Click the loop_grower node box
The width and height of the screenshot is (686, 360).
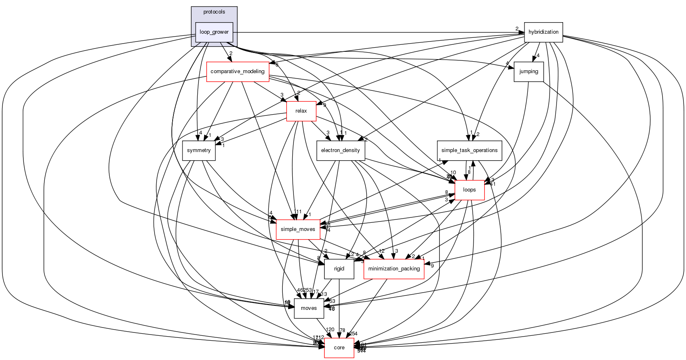click(214, 32)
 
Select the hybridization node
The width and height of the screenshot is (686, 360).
click(543, 32)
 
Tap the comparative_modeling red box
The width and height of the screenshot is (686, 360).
click(238, 72)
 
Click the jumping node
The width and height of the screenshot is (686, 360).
click(529, 72)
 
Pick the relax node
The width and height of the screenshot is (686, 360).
click(301, 111)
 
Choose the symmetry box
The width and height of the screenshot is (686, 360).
click(199, 150)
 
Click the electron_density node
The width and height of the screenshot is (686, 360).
click(340, 150)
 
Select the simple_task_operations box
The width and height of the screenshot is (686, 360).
click(469, 150)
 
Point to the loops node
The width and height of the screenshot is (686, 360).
click(469, 190)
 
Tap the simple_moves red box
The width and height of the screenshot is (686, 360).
click(298, 229)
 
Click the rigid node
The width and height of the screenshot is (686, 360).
click(339, 269)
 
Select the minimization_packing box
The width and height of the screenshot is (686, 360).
click(394, 269)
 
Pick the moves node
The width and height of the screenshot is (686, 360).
click(309, 308)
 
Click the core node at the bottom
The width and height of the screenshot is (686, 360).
click(339, 348)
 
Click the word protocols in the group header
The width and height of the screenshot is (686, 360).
click(214, 12)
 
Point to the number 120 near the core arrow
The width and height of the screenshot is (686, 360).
click(330, 330)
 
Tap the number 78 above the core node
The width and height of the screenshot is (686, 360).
click(342, 330)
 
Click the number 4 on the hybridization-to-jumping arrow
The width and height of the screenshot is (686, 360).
click(538, 55)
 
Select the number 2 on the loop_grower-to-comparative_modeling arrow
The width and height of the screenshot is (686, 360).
click(231, 53)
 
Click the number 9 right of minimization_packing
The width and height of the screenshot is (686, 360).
click(432, 265)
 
